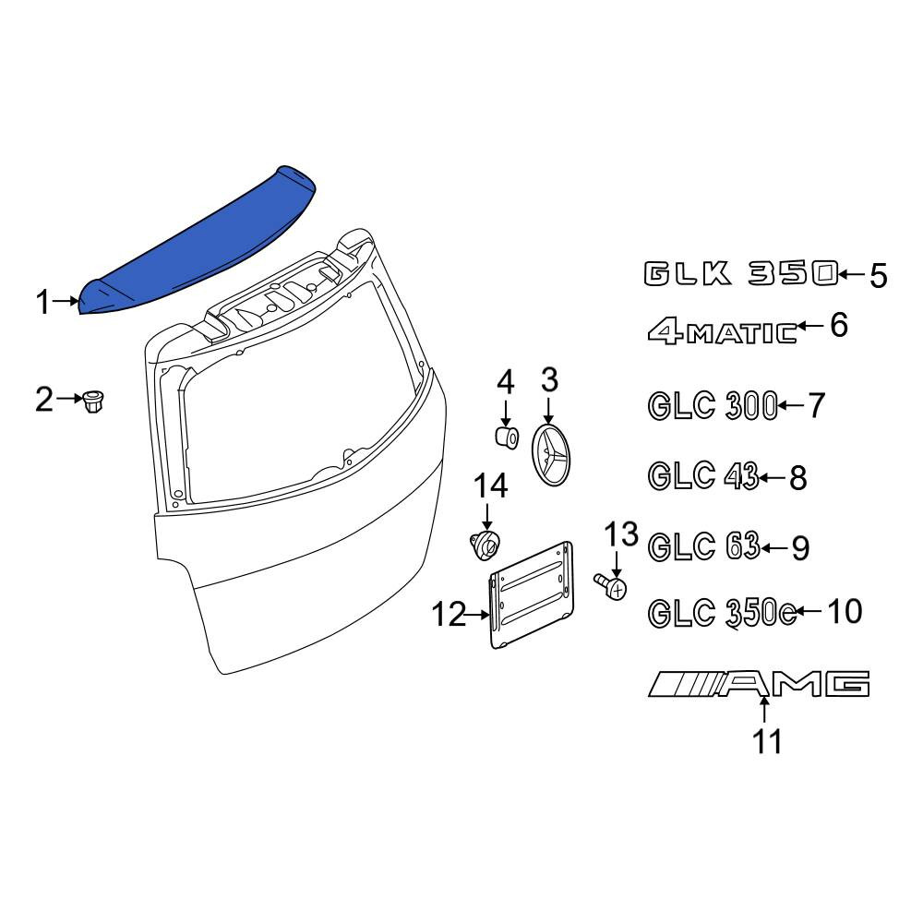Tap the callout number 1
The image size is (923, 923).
click(43, 303)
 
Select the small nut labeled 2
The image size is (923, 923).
click(93, 402)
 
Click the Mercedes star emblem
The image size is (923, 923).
click(551, 455)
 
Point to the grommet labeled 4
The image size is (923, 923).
click(506, 437)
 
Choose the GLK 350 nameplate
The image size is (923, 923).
click(740, 274)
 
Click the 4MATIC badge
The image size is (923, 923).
click(723, 332)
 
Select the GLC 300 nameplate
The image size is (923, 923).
click(713, 406)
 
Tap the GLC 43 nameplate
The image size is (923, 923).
click(703, 475)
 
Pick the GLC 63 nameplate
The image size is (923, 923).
click(704, 546)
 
